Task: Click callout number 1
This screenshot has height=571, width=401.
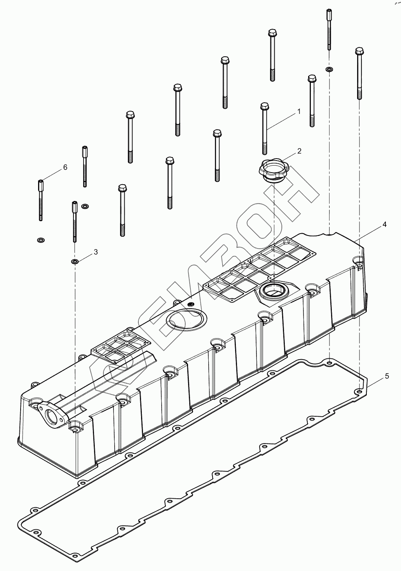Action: pos(299,112)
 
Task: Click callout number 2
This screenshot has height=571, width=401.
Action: pos(299,151)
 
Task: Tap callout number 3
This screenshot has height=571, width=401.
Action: pos(95,252)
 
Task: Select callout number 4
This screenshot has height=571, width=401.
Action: pos(384,224)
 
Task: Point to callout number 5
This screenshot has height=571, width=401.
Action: pos(387,376)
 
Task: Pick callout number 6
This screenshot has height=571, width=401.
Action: pos(65,167)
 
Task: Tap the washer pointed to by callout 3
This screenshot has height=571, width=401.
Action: pos(74,261)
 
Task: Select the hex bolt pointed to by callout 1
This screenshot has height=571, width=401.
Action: pos(265,128)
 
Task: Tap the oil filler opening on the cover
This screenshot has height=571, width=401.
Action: pos(274,290)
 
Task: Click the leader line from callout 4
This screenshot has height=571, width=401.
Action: pos(371,233)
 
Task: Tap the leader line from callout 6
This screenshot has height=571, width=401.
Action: pos(52,174)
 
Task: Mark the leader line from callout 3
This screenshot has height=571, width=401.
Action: pos(85,257)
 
